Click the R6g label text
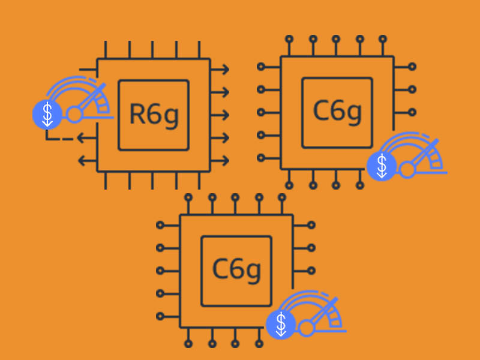tap(154, 114)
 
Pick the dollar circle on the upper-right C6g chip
tap(380, 166)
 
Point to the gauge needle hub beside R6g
tap(74, 114)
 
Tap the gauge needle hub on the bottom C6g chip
tap(307, 328)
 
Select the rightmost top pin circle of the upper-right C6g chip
tap(383, 39)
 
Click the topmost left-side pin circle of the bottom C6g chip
tap(160, 225)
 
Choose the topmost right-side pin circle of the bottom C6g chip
tap(311, 225)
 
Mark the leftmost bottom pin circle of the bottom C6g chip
tap(188, 344)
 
